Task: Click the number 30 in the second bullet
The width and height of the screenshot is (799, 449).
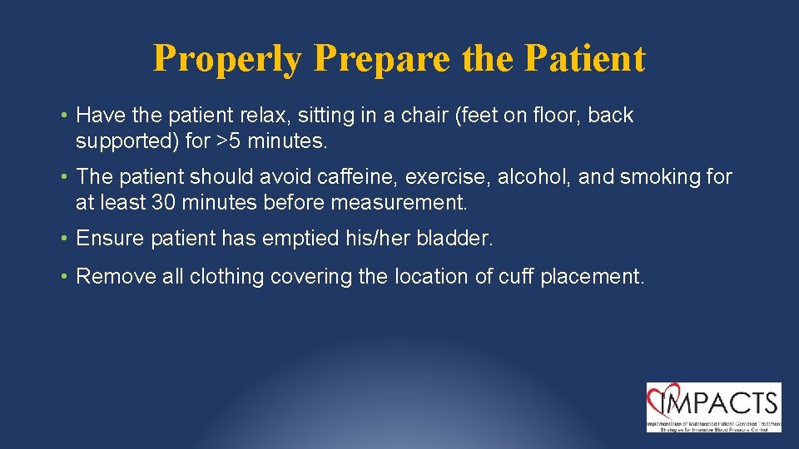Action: pos(163,203)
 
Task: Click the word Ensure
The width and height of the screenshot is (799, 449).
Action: pos(110,239)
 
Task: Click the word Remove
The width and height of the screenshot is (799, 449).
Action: pos(115,276)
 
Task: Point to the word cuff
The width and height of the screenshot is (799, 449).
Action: pos(517,276)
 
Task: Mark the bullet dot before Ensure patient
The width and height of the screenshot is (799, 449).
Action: pos(65,239)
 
